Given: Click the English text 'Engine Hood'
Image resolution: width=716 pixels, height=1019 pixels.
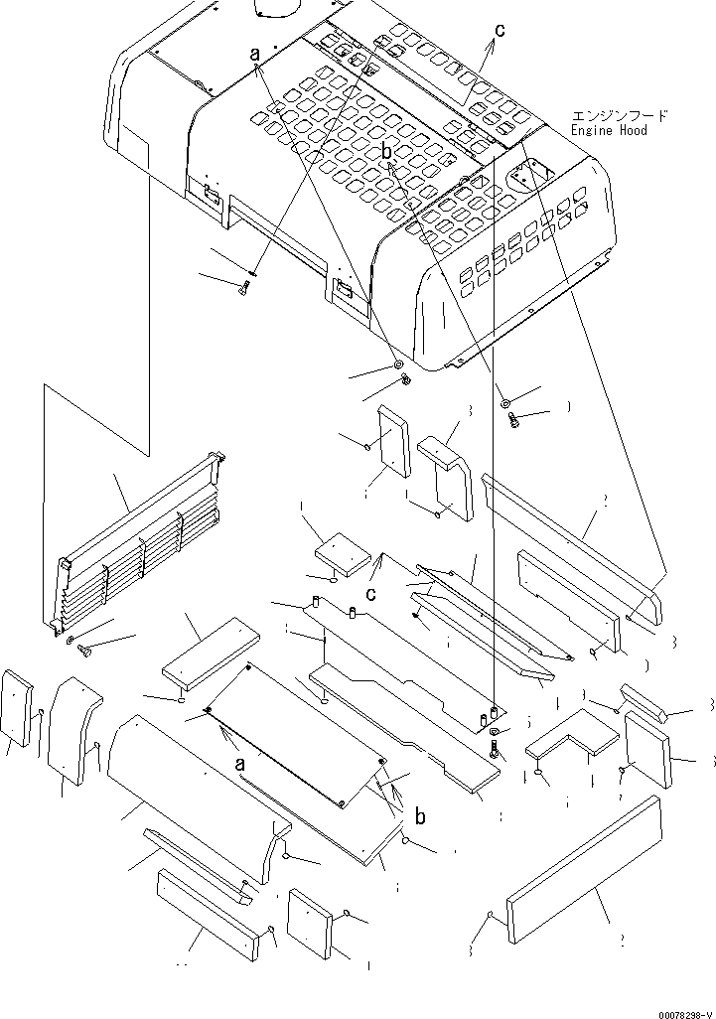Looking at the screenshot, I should point(609,130).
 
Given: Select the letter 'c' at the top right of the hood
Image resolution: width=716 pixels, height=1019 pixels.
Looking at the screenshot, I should point(500,31).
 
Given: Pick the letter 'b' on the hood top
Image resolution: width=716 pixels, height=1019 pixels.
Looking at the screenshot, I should point(387,151).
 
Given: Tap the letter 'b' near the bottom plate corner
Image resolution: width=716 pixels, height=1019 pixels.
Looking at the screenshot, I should point(421,817).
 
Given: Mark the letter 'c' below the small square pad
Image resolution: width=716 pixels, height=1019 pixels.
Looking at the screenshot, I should point(369,594).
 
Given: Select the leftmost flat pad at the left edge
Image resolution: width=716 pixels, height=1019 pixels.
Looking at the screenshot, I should point(19,707).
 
